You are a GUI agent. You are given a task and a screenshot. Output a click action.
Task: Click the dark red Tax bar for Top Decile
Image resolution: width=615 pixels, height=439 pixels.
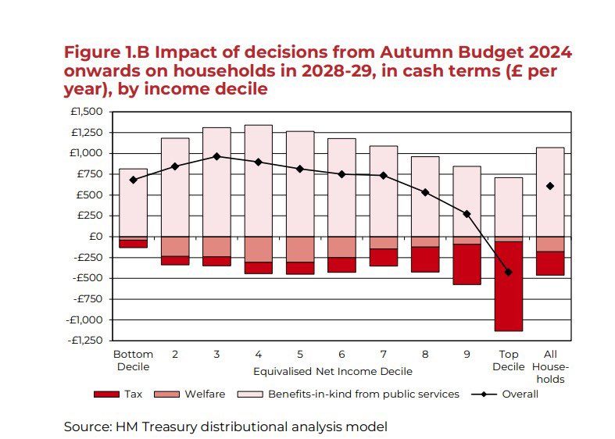(x=509, y=286)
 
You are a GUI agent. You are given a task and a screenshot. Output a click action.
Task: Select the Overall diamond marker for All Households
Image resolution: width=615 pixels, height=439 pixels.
(x=550, y=186)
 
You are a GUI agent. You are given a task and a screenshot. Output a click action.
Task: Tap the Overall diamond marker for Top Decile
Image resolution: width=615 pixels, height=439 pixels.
(x=509, y=272)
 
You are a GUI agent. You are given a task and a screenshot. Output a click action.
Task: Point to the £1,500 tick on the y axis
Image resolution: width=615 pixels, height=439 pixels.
(x=88, y=112)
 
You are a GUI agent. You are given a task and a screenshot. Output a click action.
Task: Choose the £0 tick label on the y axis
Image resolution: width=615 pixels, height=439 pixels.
(x=95, y=236)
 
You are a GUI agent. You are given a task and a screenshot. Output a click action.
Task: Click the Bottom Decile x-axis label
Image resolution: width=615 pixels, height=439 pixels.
(x=133, y=360)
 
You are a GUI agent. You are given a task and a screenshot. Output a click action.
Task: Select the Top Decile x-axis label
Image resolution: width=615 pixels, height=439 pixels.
(x=509, y=360)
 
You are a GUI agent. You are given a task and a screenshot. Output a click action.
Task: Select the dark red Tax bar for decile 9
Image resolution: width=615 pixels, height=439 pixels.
(x=467, y=264)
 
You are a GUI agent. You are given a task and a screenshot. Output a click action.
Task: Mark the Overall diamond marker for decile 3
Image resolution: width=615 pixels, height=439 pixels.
(x=216, y=156)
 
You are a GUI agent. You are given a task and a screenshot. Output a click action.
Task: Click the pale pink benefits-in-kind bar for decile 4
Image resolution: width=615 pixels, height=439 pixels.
(x=258, y=180)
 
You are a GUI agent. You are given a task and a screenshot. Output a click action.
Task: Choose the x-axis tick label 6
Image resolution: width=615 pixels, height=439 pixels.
(x=341, y=354)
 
